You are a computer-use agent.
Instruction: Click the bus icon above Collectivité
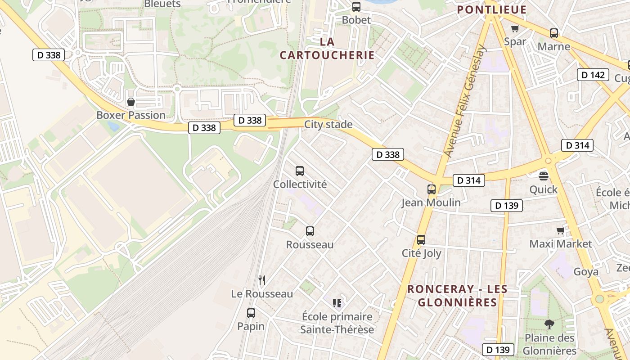coord(300,171)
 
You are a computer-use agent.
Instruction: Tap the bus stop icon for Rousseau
coord(310,231)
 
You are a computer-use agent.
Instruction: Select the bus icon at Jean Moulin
coord(432,189)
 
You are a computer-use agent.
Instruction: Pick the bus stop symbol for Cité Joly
coord(421,240)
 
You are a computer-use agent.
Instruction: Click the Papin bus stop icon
coord(251,313)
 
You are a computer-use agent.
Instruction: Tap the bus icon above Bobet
coord(356,7)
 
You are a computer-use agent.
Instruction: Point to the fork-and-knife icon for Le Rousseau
coord(262,280)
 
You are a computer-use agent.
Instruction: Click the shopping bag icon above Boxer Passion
coord(131,102)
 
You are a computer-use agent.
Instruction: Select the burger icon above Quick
coord(544,176)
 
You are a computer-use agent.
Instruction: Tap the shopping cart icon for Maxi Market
coord(560,231)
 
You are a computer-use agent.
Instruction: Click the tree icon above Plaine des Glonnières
coord(549,324)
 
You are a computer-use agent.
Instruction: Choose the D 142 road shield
coord(593,75)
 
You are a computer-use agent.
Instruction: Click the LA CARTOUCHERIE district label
coord(327,48)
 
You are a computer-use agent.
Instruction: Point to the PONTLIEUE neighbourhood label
coord(492,9)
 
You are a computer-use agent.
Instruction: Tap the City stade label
coord(328,125)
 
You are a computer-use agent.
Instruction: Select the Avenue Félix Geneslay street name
coord(465,101)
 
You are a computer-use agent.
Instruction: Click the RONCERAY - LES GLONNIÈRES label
coord(457,296)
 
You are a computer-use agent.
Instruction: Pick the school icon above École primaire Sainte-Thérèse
coord(337,303)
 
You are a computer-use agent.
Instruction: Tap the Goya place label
coord(586,272)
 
